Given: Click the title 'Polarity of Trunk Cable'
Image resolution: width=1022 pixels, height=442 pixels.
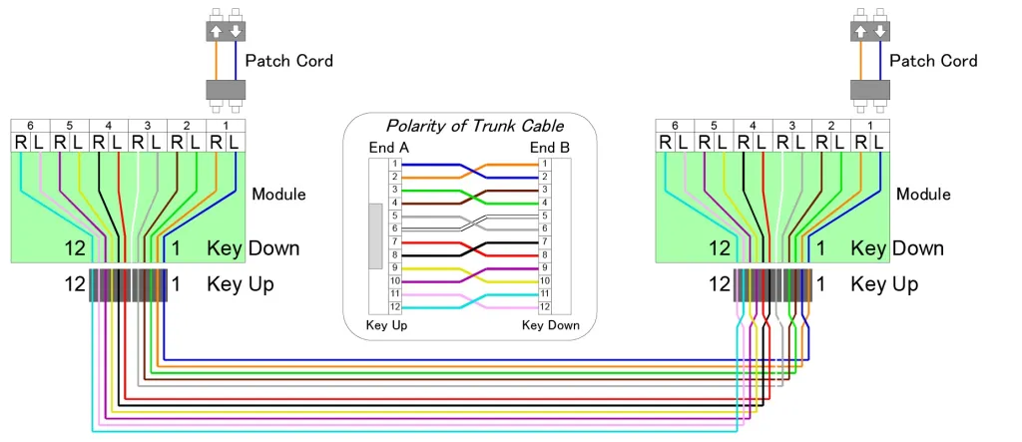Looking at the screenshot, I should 474,126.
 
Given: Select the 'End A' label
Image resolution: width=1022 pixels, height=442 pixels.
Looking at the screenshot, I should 387,148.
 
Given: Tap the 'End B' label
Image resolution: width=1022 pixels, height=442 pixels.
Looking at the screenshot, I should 549,148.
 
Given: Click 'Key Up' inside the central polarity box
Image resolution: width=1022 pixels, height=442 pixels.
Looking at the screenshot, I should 386,325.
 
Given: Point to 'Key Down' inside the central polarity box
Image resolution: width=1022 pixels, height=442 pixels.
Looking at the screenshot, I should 550,325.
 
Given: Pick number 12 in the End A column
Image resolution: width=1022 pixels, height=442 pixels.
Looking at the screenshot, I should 394,306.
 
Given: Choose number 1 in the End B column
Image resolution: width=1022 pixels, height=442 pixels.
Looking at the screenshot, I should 544,163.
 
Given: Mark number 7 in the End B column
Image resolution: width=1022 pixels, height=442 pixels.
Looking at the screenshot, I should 544,241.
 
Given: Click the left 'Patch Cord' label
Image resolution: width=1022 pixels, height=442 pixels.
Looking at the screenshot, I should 288,61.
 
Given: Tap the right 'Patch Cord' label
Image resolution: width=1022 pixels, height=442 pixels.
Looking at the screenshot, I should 933,61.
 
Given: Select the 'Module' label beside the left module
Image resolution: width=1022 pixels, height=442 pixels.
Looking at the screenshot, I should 278,194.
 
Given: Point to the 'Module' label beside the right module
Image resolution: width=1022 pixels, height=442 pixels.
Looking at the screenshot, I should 923,194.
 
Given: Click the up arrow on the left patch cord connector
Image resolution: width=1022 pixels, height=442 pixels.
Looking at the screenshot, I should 216,31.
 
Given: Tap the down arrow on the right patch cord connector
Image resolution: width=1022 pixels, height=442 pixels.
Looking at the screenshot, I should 879,31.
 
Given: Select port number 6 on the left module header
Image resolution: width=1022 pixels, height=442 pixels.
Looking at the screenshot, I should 30,126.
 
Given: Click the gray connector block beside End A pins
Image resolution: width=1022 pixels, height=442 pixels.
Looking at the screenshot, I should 375,235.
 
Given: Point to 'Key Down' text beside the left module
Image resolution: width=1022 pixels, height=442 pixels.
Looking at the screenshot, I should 253,248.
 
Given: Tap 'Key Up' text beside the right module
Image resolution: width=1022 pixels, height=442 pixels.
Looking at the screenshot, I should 884,284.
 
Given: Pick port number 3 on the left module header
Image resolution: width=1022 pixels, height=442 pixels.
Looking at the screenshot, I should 147,126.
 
